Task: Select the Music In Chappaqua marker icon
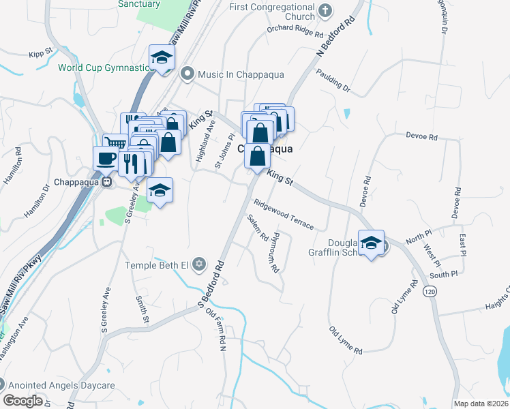[x=186, y=74]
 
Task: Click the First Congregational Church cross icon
[x=325, y=10]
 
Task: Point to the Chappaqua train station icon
[x=107, y=183]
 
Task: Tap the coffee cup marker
[x=105, y=158]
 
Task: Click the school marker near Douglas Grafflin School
[x=372, y=243]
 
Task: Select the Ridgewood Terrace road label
[x=284, y=214]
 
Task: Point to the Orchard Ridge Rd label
[x=295, y=29]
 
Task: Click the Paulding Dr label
[x=332, y=80]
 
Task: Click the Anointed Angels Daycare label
[x=57, y=385]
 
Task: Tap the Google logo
[x=22, y=401]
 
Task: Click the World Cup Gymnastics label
[x=104, y=67]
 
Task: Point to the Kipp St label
[x=41, y=52]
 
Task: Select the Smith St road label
[x=142, y=310]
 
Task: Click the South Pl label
[x=444, y=275]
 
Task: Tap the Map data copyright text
[x=480, y=404]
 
